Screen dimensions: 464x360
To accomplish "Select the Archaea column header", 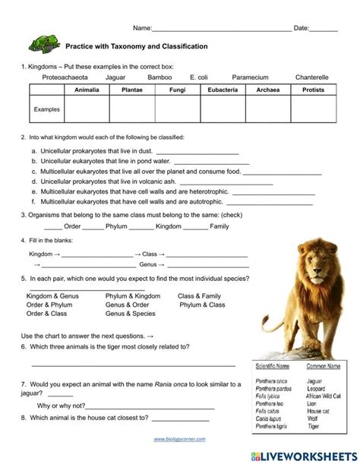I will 267,90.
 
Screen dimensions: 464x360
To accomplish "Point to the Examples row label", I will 46,109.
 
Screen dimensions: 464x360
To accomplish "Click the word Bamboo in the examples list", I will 159,77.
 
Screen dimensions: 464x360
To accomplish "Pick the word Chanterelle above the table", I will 311,77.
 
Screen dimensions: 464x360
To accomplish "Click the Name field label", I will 142,28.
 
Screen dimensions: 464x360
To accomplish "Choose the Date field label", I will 301,28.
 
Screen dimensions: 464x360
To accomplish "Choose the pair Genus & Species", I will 130,314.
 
